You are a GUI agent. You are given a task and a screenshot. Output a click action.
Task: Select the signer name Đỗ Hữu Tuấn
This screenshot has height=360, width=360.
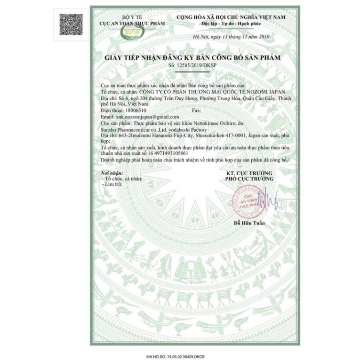pos(249,223)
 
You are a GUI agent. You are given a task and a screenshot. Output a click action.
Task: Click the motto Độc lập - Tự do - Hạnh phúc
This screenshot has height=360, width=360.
pos(231,23)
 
